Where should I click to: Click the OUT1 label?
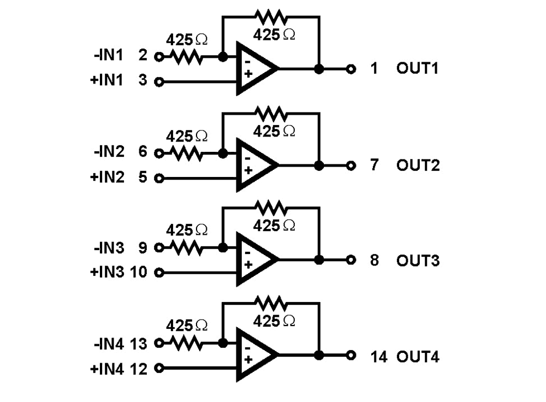coord(418,69)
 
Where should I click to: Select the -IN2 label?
coord(109,151)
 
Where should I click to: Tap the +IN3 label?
coord(107,272)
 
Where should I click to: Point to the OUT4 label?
coord(418,357)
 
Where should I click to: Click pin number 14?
coord(379,357)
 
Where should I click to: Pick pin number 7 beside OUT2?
coord(374,165)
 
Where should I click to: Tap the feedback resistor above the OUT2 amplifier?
coord(271,114)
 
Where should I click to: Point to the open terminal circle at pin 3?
coord(159,82)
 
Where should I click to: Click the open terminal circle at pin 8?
coord(352,260)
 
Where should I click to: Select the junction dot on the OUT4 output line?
coord(319,356)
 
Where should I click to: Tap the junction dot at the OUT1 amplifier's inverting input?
coord(223,56)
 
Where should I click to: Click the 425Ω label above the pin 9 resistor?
coord(186,229)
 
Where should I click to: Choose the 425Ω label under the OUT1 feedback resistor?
coord(275,34)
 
